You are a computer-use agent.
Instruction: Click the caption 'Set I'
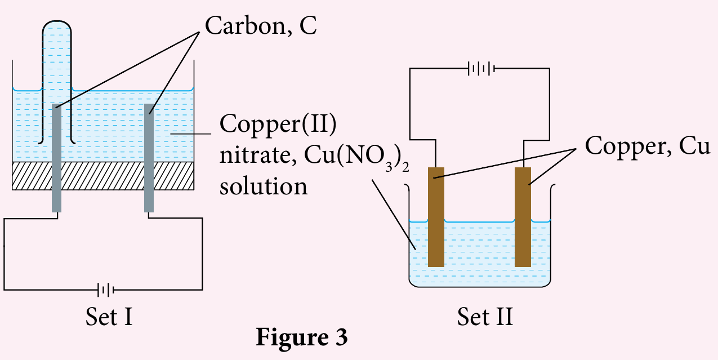109,317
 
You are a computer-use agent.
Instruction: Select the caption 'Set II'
485,317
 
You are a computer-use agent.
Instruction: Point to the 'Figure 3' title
302,337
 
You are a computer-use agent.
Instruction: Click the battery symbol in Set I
106,290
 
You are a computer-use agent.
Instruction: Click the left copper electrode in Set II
436,217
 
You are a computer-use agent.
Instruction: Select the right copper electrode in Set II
523,217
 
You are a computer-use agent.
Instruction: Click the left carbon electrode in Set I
56,158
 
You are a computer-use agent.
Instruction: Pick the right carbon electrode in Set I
149,158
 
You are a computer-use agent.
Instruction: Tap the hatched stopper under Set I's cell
103,176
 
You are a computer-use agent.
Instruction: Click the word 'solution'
264,186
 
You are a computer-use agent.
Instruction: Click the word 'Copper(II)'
278,125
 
